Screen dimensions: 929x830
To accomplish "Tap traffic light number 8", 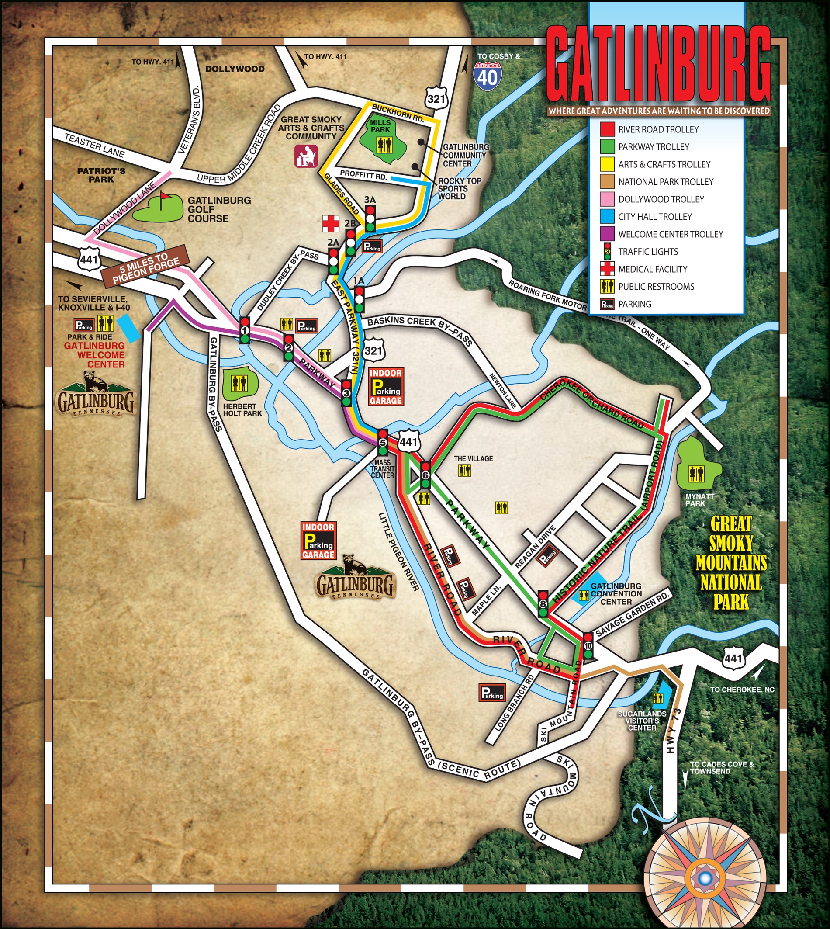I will (x=543, y=603).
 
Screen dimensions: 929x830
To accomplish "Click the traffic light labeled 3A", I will (x=370, y=218).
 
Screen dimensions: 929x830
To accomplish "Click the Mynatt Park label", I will (x=699, y=499).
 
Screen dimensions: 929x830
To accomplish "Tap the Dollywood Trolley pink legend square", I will (x=607, y=199).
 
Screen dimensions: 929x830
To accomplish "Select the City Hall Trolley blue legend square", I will (x=607, y=217).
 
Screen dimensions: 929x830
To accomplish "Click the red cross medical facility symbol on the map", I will (x=331, y=223).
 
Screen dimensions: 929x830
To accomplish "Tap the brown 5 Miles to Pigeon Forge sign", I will (x=146, y=266).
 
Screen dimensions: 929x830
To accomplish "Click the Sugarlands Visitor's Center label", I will (x=642, y=721).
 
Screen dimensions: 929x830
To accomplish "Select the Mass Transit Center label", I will (x=382, y=468).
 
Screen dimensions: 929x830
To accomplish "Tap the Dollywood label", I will (x=235, y=69).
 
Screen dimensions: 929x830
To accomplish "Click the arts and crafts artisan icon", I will (x=305, y=156).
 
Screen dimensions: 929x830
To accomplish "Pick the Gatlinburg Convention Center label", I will (x=616, y=594).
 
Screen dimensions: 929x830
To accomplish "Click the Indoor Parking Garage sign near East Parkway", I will (x=386, y=387).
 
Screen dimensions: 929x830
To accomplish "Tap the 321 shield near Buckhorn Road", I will (x=436, y=98).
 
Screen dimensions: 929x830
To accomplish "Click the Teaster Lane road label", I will (x=94, y=145).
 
